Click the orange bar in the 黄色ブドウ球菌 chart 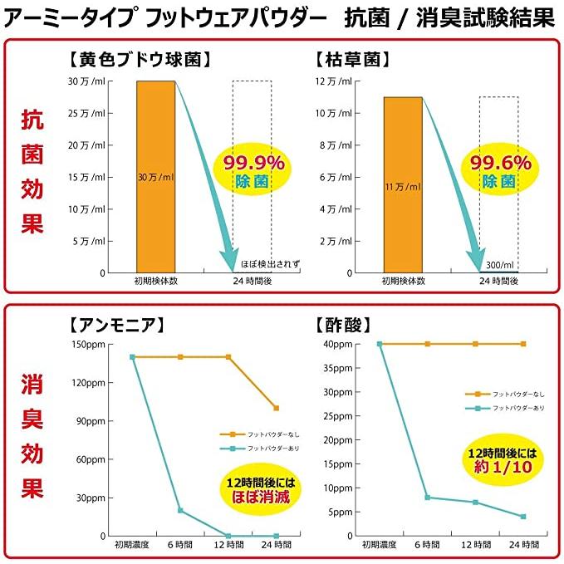point(155,176)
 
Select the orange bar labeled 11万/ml point(403,184)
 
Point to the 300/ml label point(500,264)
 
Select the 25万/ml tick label point(87,113)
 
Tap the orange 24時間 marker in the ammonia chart point(277,408)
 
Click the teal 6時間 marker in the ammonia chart point(180,511)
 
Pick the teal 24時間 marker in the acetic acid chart point(523,517)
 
